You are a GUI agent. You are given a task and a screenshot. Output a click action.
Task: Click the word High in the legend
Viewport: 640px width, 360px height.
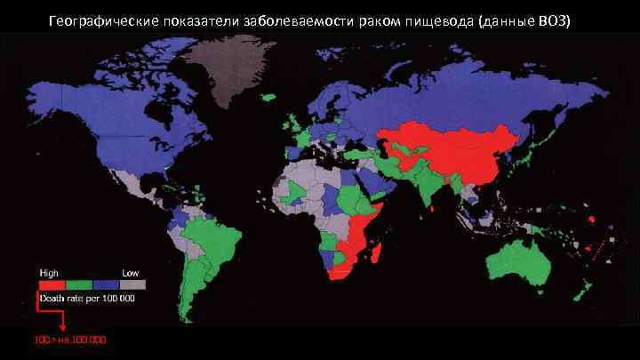[x=49, y=270]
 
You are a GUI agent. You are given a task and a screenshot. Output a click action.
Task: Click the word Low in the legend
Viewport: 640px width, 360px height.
[x=131, y=270]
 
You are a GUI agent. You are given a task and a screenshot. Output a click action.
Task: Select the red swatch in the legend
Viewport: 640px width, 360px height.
[x=52, y=284]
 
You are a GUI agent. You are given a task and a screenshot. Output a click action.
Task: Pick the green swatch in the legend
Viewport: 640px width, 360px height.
[x=78, y=284]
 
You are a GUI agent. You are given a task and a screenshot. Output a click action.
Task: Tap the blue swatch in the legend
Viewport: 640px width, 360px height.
[x=106, y=284]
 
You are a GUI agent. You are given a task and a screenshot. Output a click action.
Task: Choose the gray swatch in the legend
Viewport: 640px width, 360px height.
[x=132, y=284]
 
